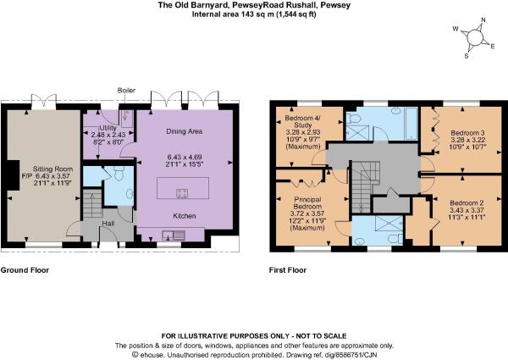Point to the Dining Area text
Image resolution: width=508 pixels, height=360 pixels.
point(184,131)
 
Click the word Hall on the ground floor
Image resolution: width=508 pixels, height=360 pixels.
point(108,224)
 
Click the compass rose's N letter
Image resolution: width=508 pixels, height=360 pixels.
point(482,24)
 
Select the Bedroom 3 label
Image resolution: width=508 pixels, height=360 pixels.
point(467,133)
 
